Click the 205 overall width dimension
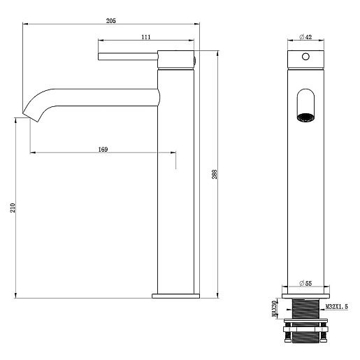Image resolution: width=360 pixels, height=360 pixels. pyautogui.click(x=111, y=21)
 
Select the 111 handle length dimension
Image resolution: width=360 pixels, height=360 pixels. pyautogui.click(x=146, y=37)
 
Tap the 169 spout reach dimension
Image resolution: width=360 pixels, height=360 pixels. pyautogui.click(x=103, y=150)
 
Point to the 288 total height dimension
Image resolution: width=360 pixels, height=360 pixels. pyautogui.click(x=215, y=174)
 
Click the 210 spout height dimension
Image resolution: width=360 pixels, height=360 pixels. pyautogui.click(x=13, y=208)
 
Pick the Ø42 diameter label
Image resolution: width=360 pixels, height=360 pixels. pyautogui.click(x=305, y=37)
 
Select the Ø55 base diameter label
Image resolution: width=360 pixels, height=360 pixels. pyautogui.click(x=305, y=283)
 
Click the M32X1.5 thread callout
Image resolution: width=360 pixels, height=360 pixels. pyautogui.click(x=336, y=307)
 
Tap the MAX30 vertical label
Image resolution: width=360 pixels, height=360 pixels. pyautogui.click(x=274, y=309)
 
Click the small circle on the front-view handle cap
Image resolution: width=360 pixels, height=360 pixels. pyautogui.click(x=305, y=57)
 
